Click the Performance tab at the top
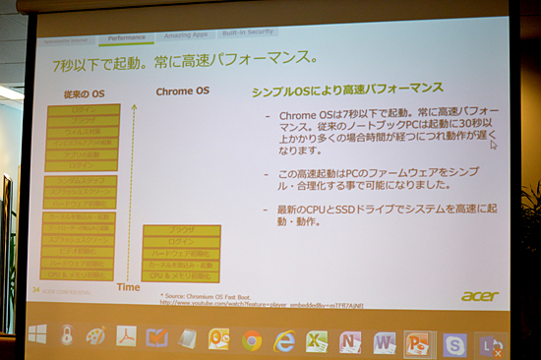click(x=125, y=37)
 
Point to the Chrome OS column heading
click(x=183, y=91)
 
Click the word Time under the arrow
click(x=129, y=288)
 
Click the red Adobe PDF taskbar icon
click(x=126, y=336)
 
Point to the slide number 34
click(x=36, y=289)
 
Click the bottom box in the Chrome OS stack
click(x=181, y=275)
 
